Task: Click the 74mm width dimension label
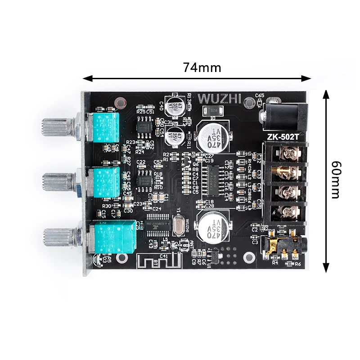pos(202,67)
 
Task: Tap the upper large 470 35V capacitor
pos(211,137)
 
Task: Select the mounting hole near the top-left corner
pos(119,103)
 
